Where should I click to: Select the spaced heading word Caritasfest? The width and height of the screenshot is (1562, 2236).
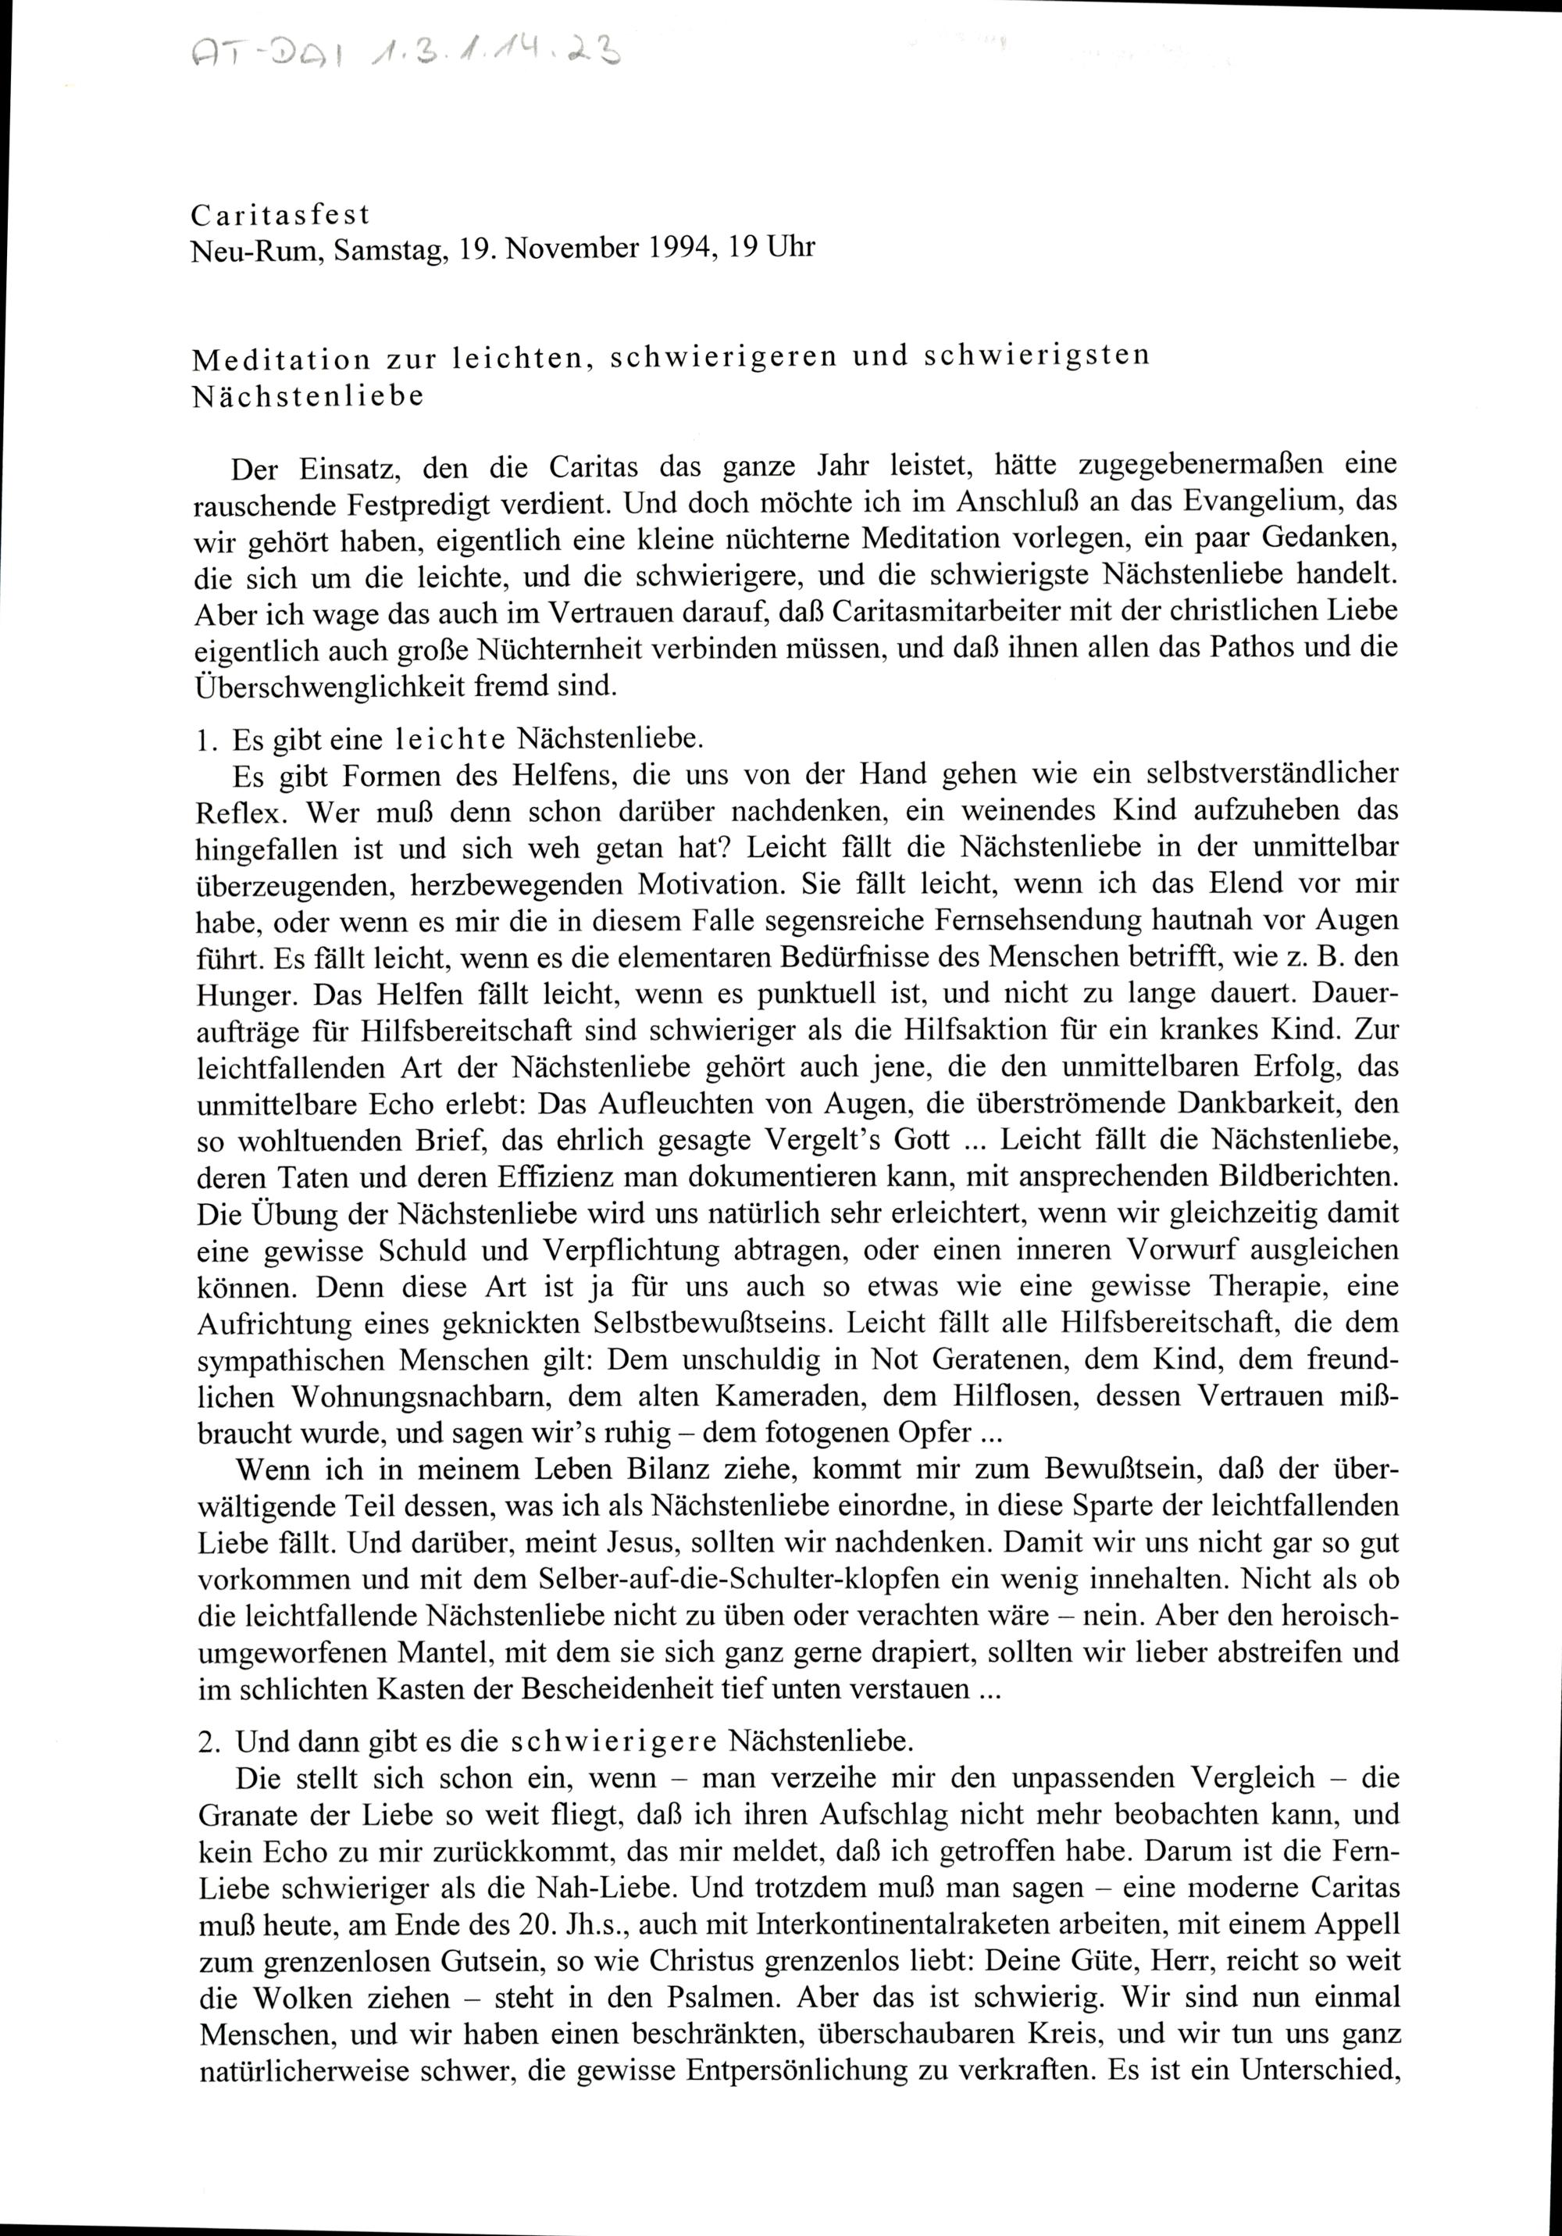point(280,214)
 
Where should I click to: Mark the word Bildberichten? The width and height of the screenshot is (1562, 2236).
point(1300,1177)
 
